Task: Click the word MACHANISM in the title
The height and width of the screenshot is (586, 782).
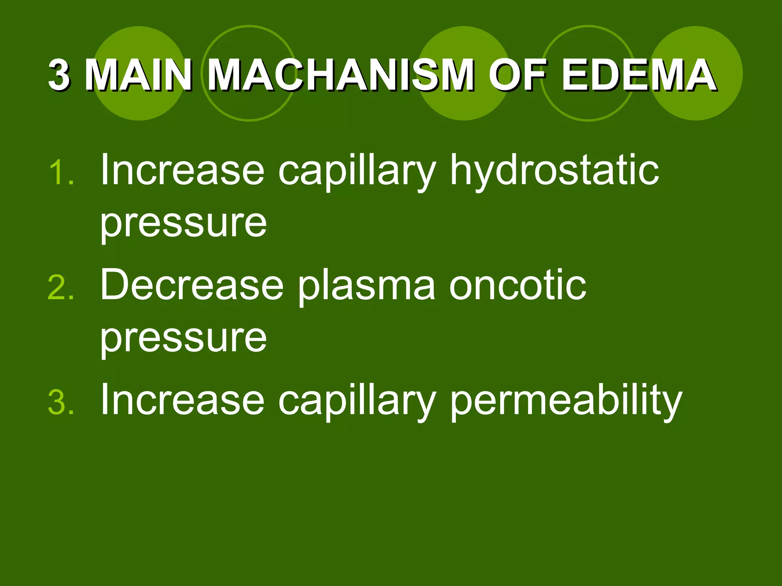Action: (341, 75)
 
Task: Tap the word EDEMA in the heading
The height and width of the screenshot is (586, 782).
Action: (638, 75)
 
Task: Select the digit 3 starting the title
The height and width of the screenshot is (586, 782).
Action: (60, 75)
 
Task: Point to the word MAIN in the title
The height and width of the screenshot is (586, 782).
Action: (138, 75)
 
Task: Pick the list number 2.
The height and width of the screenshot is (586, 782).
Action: (61, 288)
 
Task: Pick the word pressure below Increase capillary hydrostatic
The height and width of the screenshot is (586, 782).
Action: (183, 224)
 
